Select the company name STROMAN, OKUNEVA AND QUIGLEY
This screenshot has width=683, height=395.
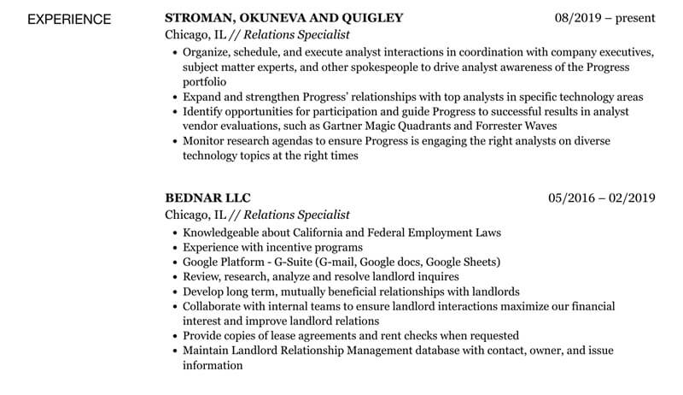click(283, 18)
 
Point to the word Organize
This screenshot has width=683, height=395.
click(207, 52)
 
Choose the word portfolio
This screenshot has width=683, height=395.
click(207, 82)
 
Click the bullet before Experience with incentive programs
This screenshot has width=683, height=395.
click(175, 248)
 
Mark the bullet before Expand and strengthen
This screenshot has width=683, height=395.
click(175, 97)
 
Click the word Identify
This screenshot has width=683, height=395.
click(204, 112)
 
